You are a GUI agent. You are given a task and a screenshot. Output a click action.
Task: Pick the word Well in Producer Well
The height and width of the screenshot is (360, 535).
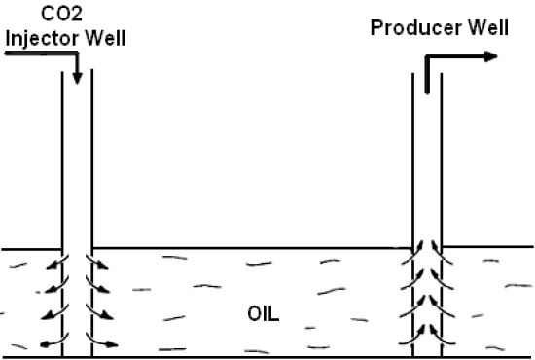coord(485,26)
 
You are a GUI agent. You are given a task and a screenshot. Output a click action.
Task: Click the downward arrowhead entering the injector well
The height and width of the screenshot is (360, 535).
coord(77,76)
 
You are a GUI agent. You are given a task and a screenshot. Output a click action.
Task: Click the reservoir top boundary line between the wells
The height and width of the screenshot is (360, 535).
coord(253,248)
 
